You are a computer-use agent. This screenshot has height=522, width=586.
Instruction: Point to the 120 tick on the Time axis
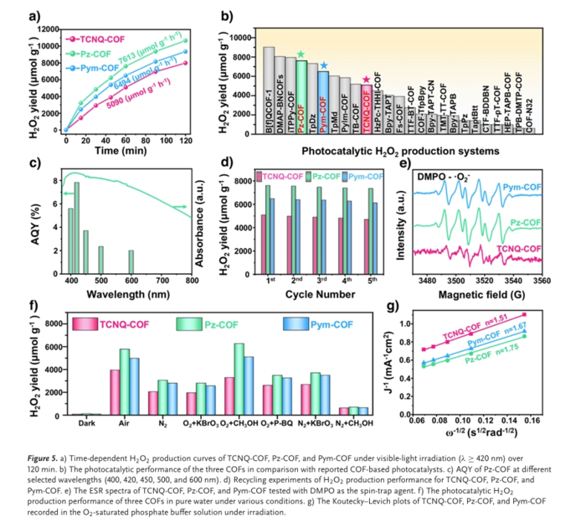click(186, 140)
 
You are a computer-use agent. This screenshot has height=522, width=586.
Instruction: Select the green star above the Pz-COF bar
click(301, 54)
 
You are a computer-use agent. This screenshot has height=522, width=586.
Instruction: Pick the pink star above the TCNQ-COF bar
click(366, 80)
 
